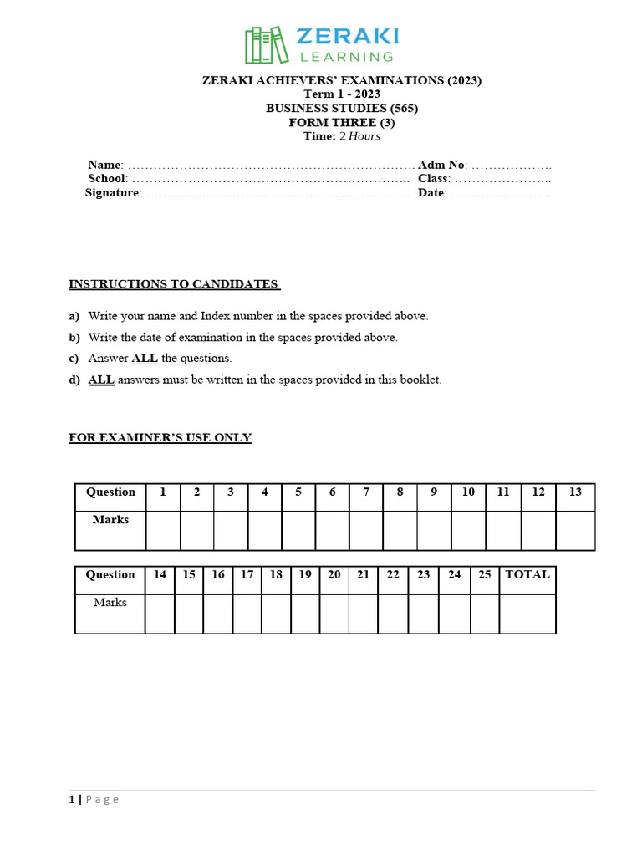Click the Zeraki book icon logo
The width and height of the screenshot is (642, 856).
(x=266, y=44)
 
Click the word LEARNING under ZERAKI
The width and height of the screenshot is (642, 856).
(x=347, y=57)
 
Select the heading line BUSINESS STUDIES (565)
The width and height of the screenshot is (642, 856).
(x=342, y=108)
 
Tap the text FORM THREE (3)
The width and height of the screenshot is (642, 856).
(x=342, y=122)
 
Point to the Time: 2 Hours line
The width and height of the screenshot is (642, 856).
(x=342, y=136)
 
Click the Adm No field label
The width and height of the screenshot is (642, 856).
(x=442, y=165)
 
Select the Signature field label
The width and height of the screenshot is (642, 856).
(x=113, y=193)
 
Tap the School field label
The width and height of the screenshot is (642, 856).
(x=107, y=179)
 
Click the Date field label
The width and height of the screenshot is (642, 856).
(x=431, y=193)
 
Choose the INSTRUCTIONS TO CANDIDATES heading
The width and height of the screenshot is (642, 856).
(x=174, y=284)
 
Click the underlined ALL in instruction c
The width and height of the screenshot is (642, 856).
(x=145, y=359)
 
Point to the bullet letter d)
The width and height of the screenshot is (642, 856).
(x=74, y=380)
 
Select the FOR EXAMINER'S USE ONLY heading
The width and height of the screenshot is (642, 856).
(x=160, y=438)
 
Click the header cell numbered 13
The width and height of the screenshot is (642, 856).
(x=575, y=492)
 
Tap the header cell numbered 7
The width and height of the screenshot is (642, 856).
(x=366, y=492)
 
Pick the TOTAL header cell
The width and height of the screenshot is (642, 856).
(x=527, y=575)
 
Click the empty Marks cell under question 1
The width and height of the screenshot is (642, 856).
(x=163, y=530)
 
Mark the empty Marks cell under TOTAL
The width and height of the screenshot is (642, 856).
(x=527, y=614)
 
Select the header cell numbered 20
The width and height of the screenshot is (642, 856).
(x=334, y=575)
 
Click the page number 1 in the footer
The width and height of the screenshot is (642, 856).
(x=71, y=799)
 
